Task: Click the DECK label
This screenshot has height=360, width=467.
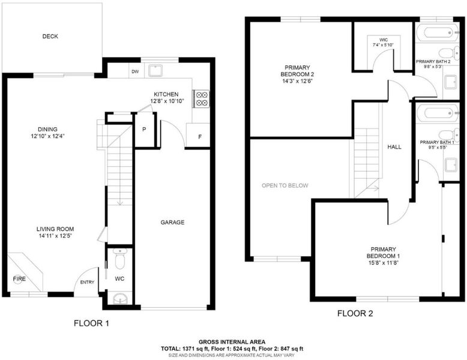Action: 50,37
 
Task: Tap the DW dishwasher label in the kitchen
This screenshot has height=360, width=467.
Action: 135,72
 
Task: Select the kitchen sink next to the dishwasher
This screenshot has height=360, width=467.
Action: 155,71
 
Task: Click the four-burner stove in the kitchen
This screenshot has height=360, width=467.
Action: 201,98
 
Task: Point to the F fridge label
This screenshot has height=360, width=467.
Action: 200,137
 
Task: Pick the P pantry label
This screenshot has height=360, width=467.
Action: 144,130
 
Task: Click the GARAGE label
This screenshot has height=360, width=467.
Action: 172,222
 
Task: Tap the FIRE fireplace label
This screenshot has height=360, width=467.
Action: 19,279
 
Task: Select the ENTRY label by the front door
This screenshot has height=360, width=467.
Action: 87,282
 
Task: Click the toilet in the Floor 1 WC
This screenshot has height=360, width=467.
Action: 119,259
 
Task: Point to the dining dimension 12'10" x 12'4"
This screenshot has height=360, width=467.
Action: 47,136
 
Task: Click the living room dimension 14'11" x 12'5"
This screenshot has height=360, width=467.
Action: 55,236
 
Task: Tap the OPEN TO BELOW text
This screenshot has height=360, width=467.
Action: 285,185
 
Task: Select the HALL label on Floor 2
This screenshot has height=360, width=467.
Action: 394,147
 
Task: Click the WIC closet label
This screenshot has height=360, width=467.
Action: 384,40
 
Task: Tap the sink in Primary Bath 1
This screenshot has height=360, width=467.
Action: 451,165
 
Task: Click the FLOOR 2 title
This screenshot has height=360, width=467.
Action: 355,313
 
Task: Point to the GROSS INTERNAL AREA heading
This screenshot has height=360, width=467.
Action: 232,342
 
